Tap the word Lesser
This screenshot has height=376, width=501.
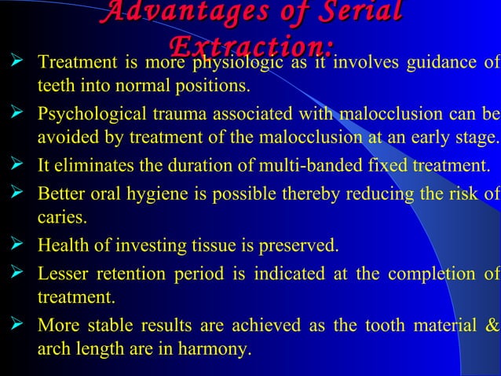(62, 275)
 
